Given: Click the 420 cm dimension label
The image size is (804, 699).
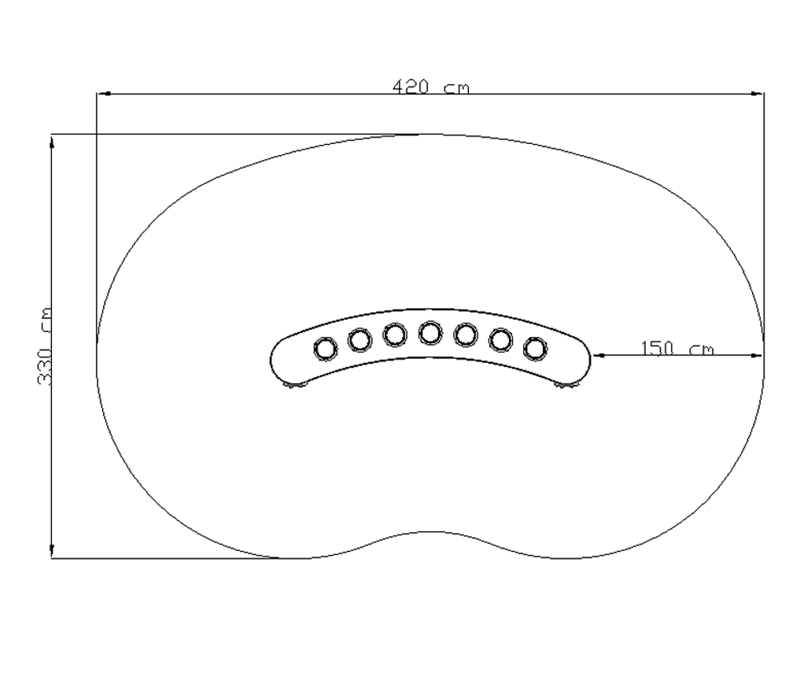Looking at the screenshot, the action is [x=431, y=87].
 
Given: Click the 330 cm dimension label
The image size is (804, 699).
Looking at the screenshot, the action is [x=45, y=346].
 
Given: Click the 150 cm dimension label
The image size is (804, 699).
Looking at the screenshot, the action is [x=677, y=349].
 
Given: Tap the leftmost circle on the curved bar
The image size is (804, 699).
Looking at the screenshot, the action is [x=325, y=349].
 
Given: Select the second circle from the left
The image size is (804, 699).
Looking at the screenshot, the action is [x=360, y=340].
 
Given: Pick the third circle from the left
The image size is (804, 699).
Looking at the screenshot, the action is [x=395, y=335].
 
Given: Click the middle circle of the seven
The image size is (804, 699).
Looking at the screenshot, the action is [x=430, y=333].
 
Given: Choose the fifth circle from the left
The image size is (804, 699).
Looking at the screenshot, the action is [x=465, y=335].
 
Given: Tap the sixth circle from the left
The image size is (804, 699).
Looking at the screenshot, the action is [x=500, y=340].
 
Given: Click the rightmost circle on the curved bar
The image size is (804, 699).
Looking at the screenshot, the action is [x=535, y=349].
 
